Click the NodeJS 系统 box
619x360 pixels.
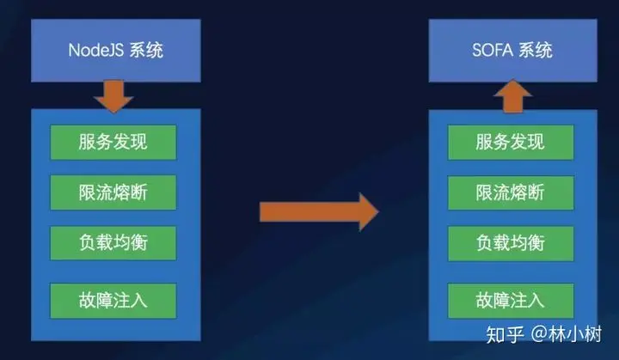point(115,49)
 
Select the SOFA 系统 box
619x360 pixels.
point(513,49)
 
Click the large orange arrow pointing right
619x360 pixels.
point(319,211)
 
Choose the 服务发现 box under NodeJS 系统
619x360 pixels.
point(113,142)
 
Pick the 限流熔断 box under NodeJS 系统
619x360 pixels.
point(113,192)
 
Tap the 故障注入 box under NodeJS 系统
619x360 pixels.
point(113,299)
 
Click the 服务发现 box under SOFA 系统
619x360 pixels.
point(510,142)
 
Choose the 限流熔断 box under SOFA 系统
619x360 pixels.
point(510,192)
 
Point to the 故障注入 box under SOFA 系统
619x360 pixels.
point(510,299)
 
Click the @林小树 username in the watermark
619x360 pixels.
point(571,333)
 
